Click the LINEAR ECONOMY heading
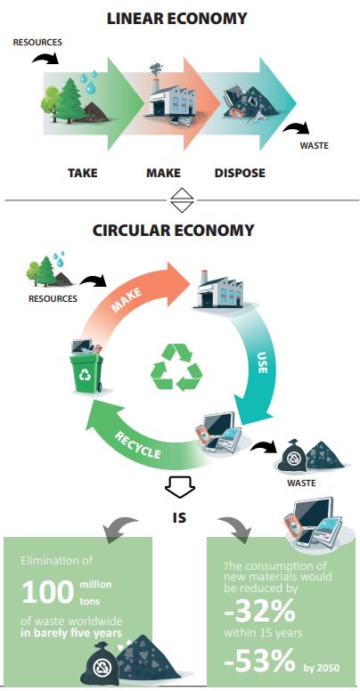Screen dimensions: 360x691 pyautogui.click(x=177, y=18)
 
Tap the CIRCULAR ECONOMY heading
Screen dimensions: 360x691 pyautogui.click(x=174, y=230)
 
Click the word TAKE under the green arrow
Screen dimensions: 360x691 pyautogui.click(x=83, y=173)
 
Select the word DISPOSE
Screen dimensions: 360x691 pyautogui.click(x=240, y=173)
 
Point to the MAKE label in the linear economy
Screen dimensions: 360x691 pyautogui.click(x=163, y=173)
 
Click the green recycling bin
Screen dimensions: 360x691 pyautogui.click(x=86, y=372)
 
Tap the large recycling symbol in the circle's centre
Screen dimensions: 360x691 pyautogui.click(x=176, y=367)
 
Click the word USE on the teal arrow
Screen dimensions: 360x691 pyautogui.click(x=262, y=362)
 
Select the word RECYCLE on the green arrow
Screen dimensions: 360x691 pyautogui.click(x=137, y=445)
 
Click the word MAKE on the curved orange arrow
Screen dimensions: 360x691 pyautogui.click(x=127, y=300)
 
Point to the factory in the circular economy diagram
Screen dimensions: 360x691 pyautogui.click(x=219, y=289)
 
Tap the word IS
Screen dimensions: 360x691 pyautogui.click(x=179, y=517)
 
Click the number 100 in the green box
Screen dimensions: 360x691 pyautogui.click(x=47, y=592)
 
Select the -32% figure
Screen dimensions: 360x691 pyautogui.click(x=259, y=610)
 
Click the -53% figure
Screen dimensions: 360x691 pyautogui.click(x=259, y=661)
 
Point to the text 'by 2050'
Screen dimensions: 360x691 pyautogui.click(x=322, y=668)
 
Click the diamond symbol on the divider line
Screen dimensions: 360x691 pyautogui.click(x=182, y=201)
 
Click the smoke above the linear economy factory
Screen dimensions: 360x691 pyautogui.click(x=155, y=69)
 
